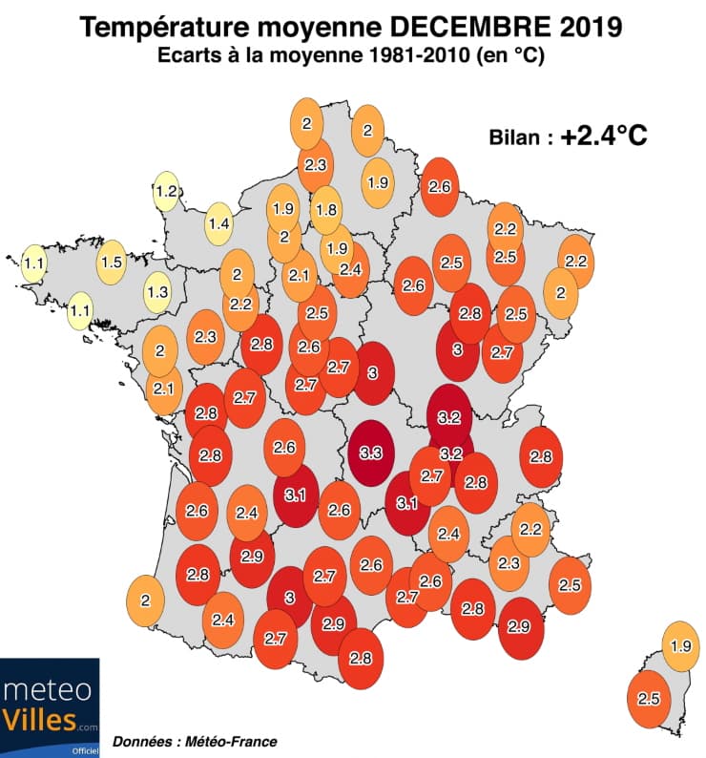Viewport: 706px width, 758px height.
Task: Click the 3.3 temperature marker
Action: pos(372,454)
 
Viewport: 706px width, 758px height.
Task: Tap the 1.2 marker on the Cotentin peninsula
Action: pos(166,192)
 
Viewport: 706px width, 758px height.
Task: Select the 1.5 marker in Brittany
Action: pos(112,261)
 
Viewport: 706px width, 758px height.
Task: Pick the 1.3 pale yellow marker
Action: pos(157,292)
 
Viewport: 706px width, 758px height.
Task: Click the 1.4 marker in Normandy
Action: pos(219,224)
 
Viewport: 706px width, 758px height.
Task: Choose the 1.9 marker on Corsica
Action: pos(680,646)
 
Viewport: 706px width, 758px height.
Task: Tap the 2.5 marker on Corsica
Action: pos(648,699)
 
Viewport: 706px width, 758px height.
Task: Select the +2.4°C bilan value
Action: pos(604,137)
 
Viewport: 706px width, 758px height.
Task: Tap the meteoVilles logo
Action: pos(50,706)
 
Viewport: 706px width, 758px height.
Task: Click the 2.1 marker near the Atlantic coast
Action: pos(163,388)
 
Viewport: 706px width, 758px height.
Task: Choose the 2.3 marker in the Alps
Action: pos(509,563)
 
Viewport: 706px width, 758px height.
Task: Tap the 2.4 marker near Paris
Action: pos(350,269)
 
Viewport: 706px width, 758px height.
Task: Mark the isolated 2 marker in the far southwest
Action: pos(146,600)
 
